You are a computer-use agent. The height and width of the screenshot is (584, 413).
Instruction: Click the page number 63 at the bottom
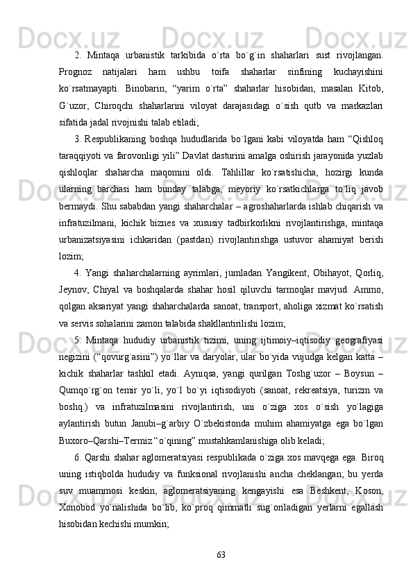[x=221, y=553]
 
